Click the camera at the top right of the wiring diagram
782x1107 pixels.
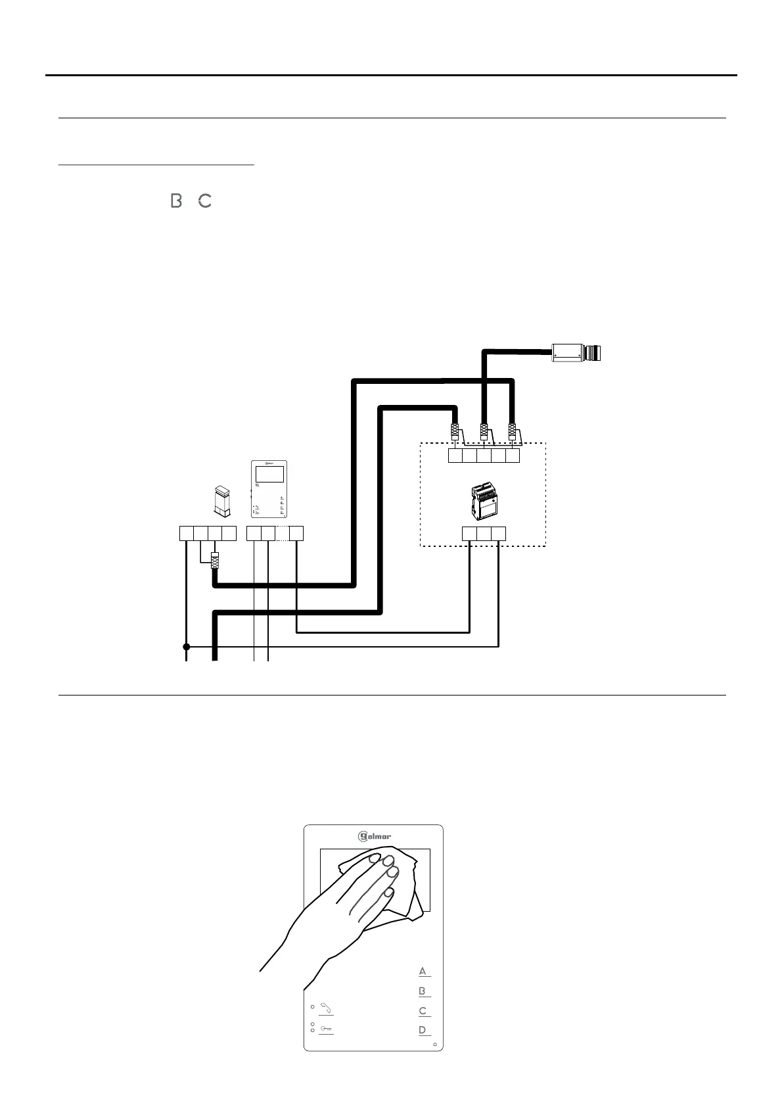tap(577, 353)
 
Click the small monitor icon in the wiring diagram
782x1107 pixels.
tap(269, 489)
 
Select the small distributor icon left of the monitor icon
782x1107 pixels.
tap(222, 500)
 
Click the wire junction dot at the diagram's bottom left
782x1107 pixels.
tap(187, 647)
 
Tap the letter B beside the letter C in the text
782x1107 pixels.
tap(175, 200)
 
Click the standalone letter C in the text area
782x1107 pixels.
tap(205, 200)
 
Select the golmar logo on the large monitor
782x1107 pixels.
tap(375, 837)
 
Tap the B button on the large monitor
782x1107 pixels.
tap(423, 991)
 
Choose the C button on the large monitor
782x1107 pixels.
tap(423, 1011)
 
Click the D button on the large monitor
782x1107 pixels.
tap(423, 1030)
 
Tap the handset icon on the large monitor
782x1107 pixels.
tap(325, 1008)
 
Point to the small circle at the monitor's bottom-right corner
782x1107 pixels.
tap(435, 1044)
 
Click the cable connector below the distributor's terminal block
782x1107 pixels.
tap(214, 561)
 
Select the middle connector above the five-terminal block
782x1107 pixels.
tap(484, 432)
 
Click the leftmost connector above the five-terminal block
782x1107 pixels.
tap(455, 432)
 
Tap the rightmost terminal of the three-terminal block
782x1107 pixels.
tap(499, 533)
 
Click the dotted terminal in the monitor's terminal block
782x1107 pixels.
tap(282, 533)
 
